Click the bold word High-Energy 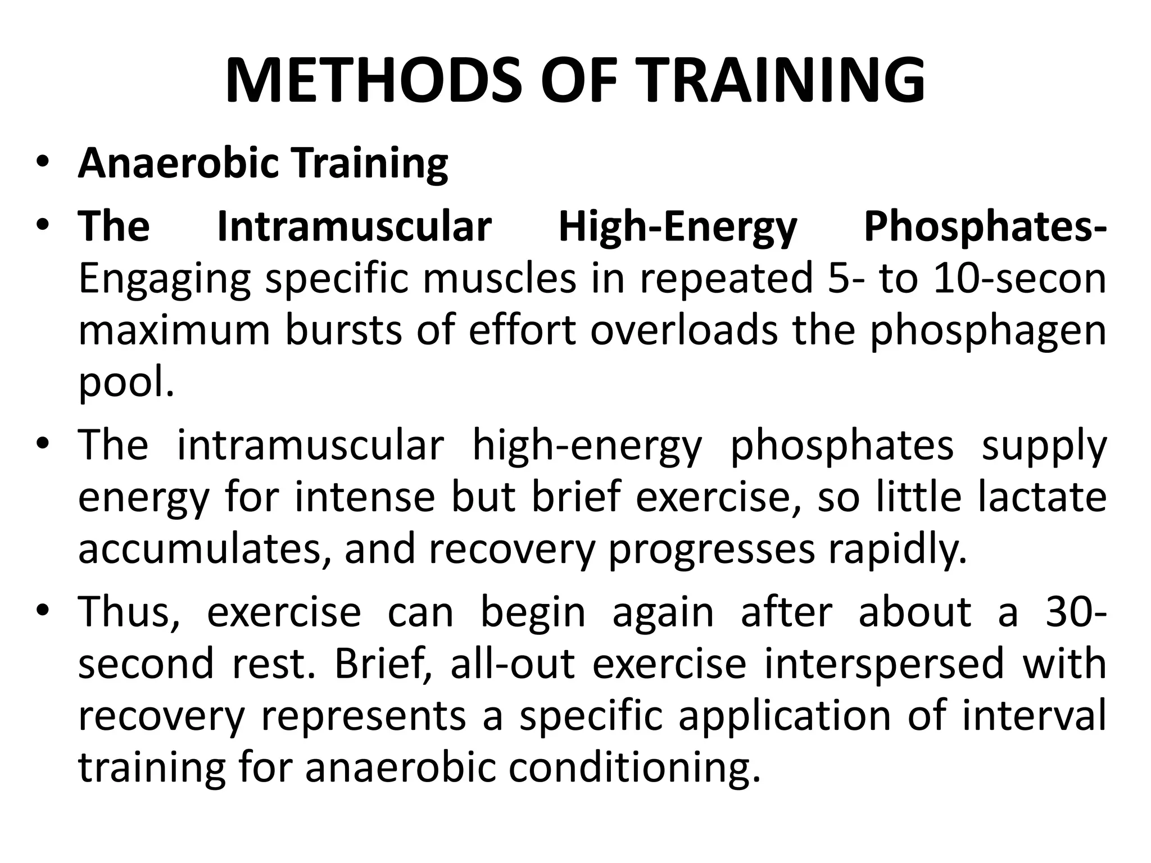(x=677, y=228)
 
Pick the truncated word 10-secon (x=1019, y=279)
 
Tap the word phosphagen (x=988, y=331)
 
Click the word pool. (x=126, y=383)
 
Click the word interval (x=1034, y=716)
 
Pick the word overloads (x=684, y=330)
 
